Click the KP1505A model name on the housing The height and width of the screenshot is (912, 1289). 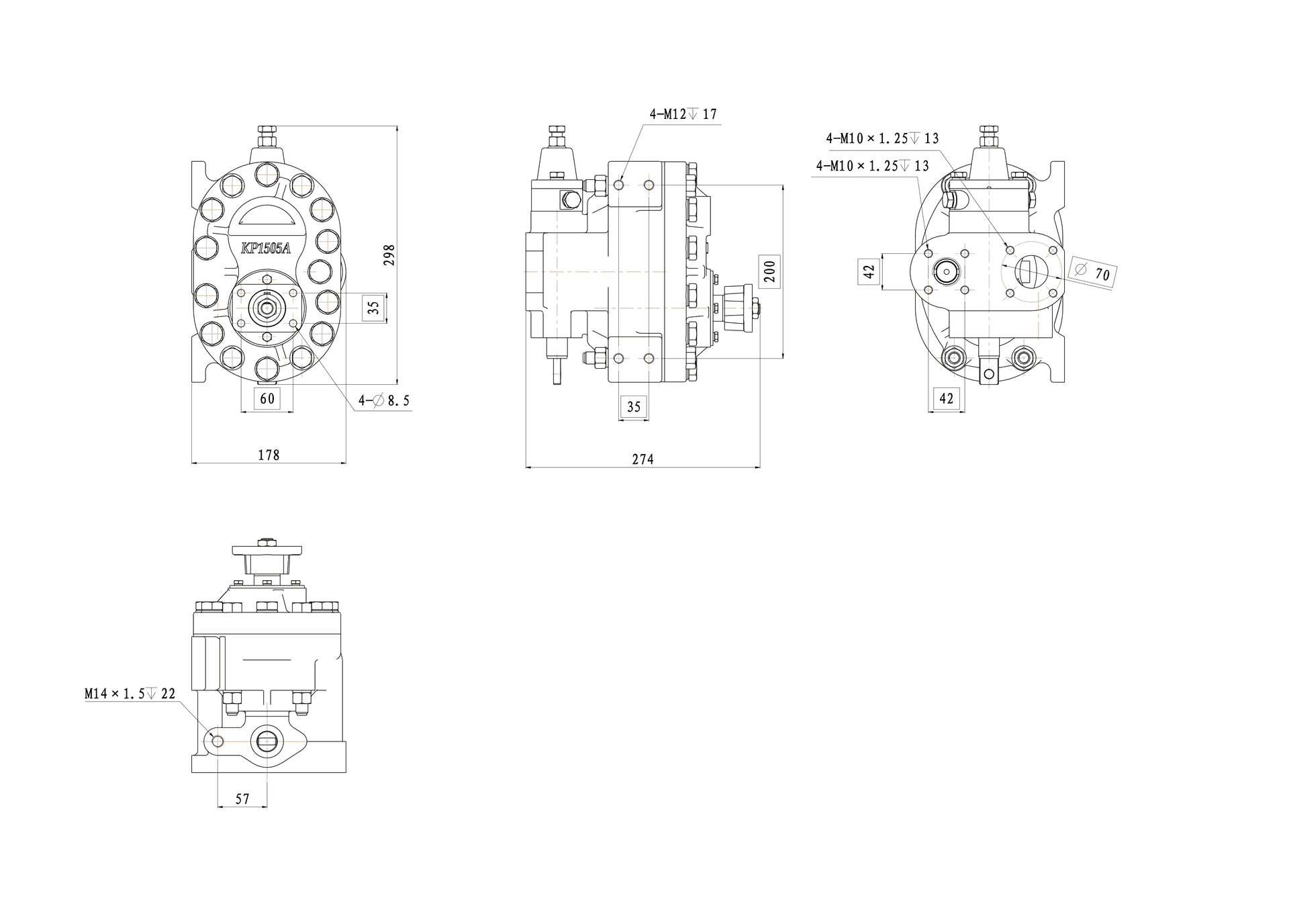pos(266,248)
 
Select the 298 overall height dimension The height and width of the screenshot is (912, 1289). pos(389,255)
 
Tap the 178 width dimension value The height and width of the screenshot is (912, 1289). pos(269,455)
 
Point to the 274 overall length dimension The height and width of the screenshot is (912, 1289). pos(642,459)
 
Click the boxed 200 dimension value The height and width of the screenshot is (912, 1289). pos(769,271)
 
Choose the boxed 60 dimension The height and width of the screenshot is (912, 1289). pos(267,399)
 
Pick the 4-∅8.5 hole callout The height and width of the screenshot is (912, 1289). pos(383,401)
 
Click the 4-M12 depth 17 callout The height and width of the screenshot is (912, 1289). pos(683,114)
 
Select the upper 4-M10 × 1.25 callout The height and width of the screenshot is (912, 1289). pos(882,138)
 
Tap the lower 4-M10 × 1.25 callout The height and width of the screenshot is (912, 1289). pos(872,165)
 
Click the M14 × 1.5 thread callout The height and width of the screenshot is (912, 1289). pos(130,694)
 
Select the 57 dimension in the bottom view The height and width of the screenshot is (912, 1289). pos(242,799)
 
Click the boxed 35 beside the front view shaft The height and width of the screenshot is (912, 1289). pos(374,307)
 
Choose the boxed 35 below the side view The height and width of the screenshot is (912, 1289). pos(634,407)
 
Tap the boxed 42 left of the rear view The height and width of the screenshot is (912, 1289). pos(869,271)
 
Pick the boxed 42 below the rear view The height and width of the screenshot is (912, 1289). pos(946,399)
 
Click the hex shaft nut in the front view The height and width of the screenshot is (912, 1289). pos(267,308)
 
